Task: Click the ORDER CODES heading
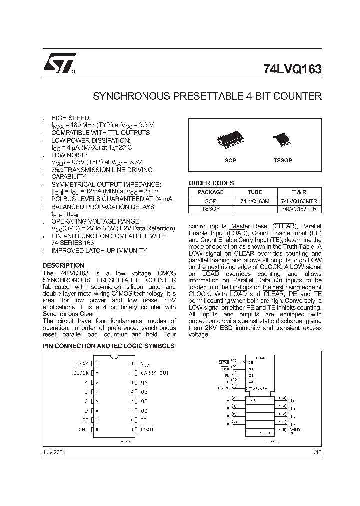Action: coord(211,183)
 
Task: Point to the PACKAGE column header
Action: coord(210,192)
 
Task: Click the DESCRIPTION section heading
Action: coord(63,265)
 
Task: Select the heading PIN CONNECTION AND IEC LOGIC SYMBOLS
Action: coord(108,346)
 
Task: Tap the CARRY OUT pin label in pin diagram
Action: coord(155,373)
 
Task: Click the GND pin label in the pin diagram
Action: coord(83,429)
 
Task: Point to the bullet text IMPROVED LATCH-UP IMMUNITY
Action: coord(99,250)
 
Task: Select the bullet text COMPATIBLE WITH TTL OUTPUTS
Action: coord(100,133)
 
